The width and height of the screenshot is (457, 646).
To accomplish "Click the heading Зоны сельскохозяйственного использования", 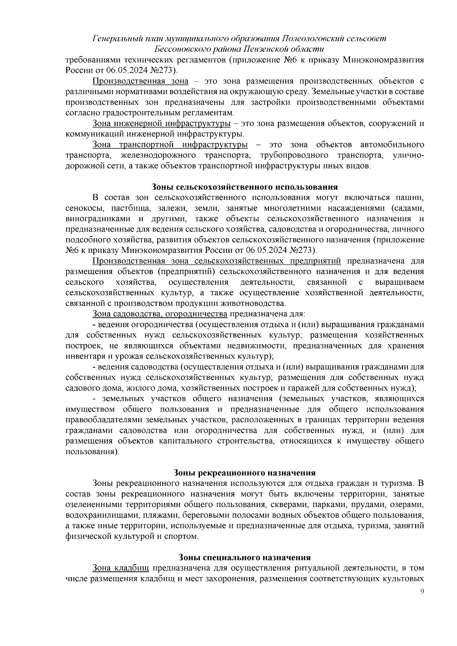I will tap(244, 187).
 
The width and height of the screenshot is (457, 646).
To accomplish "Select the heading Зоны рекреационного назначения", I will tap(244, 473).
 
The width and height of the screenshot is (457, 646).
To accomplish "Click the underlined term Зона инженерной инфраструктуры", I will tap(161, 124).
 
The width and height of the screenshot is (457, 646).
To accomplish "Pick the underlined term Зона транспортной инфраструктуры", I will tap(170, 145).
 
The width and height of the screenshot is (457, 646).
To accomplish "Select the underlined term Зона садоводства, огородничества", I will tap(160, 314).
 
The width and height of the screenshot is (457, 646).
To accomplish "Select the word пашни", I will tap(411, 198).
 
